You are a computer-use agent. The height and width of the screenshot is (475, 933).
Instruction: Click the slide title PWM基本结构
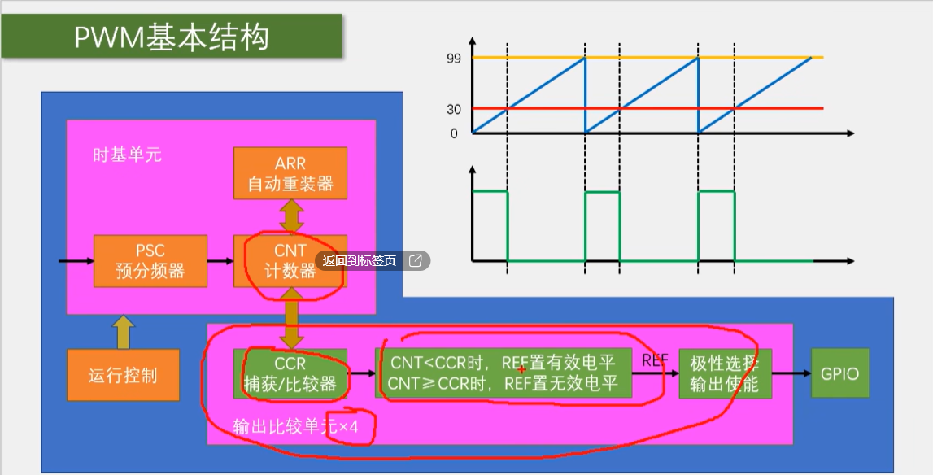(171, 37)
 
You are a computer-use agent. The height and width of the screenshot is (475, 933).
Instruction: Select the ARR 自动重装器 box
(290, 172)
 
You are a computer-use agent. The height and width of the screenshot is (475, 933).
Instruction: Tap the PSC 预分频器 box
(150, 260)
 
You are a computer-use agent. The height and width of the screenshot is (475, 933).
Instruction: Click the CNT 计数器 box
(290, 260)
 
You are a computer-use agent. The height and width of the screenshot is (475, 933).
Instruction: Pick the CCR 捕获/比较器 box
(290, 373)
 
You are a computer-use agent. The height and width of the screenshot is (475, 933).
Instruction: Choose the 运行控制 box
(123, 375)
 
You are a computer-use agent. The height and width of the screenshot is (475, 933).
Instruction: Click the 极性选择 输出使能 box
(725, 373)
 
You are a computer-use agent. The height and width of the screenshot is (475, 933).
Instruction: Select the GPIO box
(840, 373)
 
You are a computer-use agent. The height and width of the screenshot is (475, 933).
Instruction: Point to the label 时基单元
(127, 155)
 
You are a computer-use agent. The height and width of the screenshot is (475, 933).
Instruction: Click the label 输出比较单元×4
(295, 425)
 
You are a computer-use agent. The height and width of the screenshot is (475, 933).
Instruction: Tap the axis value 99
(453, 58)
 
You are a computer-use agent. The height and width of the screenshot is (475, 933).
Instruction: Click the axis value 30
(453, 109)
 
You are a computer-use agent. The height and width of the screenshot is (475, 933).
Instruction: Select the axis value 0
(454, 133)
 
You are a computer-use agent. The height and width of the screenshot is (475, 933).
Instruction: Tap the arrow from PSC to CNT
(220, 261)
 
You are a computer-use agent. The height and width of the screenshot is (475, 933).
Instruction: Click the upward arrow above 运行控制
(123, 332)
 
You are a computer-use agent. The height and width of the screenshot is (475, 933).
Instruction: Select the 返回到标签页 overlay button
(372, 261)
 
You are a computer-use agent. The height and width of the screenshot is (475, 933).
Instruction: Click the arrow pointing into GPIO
(791, 373)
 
